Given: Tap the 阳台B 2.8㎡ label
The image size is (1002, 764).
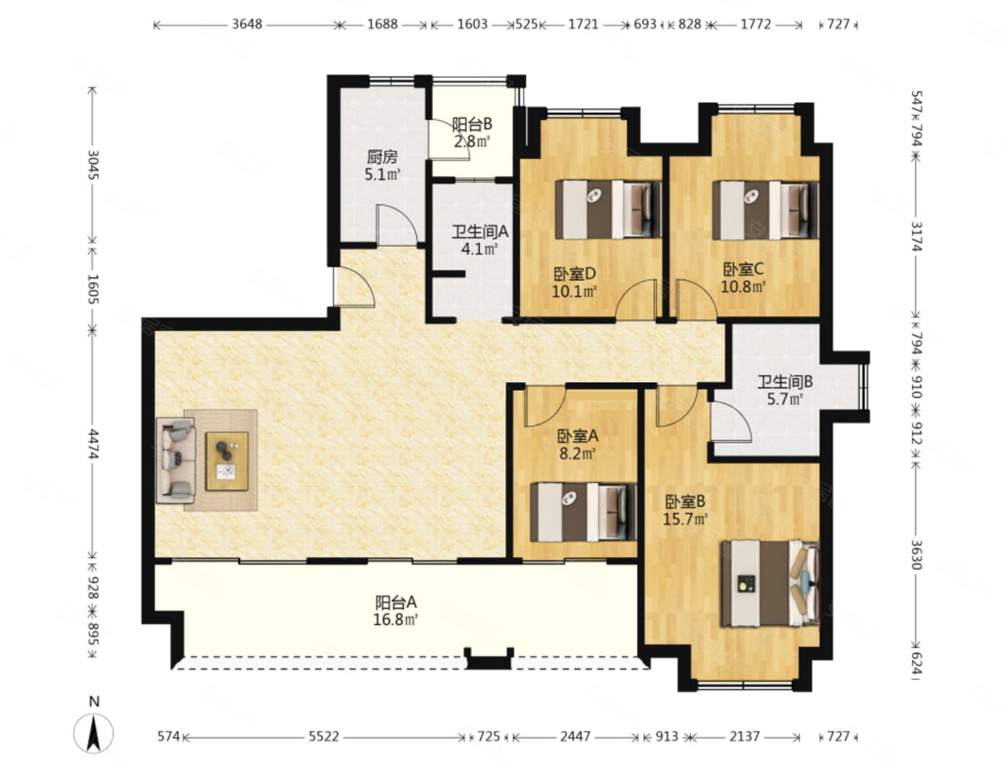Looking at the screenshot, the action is tap(472, 132).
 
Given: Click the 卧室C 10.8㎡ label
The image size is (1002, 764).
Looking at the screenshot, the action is tap(743, 278).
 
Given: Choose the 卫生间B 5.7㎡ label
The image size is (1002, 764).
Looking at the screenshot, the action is tap(784, 390).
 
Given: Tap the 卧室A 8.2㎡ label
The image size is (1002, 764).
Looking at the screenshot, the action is tap(577, 445).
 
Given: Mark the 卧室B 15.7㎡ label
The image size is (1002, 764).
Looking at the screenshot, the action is tap(685, 510).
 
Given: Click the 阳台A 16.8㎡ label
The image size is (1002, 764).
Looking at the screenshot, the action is tap(396, 611).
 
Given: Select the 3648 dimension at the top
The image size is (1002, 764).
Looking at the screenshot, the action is tap(247, 24).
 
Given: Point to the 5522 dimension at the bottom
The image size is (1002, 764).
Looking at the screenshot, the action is tap(324, 736).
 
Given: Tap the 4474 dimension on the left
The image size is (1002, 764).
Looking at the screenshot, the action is tap(93, 443).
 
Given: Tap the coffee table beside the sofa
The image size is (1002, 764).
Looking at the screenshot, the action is tap(227, 461).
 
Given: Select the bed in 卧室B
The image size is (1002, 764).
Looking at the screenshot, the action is tap(770, 584).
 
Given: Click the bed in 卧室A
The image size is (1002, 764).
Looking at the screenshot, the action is tap(583, 513).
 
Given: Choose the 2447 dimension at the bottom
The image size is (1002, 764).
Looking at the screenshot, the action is tap(575, 736).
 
